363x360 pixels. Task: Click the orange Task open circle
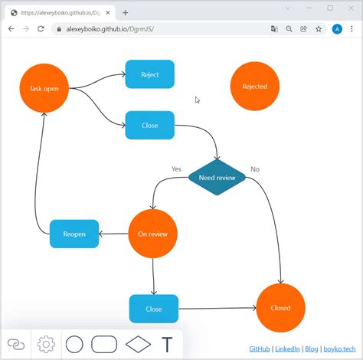pos(44,88)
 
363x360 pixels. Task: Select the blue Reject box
pos(150,74)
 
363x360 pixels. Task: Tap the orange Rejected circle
pos(254,87)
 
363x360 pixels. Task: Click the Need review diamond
pos(217,178)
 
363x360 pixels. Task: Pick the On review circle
pos(153,234)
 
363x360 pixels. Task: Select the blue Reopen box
pos(74,234)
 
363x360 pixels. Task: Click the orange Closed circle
pos(280,308)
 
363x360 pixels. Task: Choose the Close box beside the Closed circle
pos(154,309)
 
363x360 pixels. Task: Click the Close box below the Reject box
pos(150,125)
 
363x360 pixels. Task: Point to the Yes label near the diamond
pos(176,169)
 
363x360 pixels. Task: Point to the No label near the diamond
pos(255,169)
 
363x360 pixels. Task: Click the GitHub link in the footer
pos(259,349)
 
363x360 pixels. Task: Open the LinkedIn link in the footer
pos(287,349)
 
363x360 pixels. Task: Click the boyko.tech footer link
pos(339,349)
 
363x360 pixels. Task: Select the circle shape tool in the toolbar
pos(74,344)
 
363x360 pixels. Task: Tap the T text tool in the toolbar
pos(167,344)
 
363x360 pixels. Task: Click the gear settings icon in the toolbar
pos(46,344)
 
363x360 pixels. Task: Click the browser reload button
pos(42,28)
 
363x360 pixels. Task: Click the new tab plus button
pos(126,12)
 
